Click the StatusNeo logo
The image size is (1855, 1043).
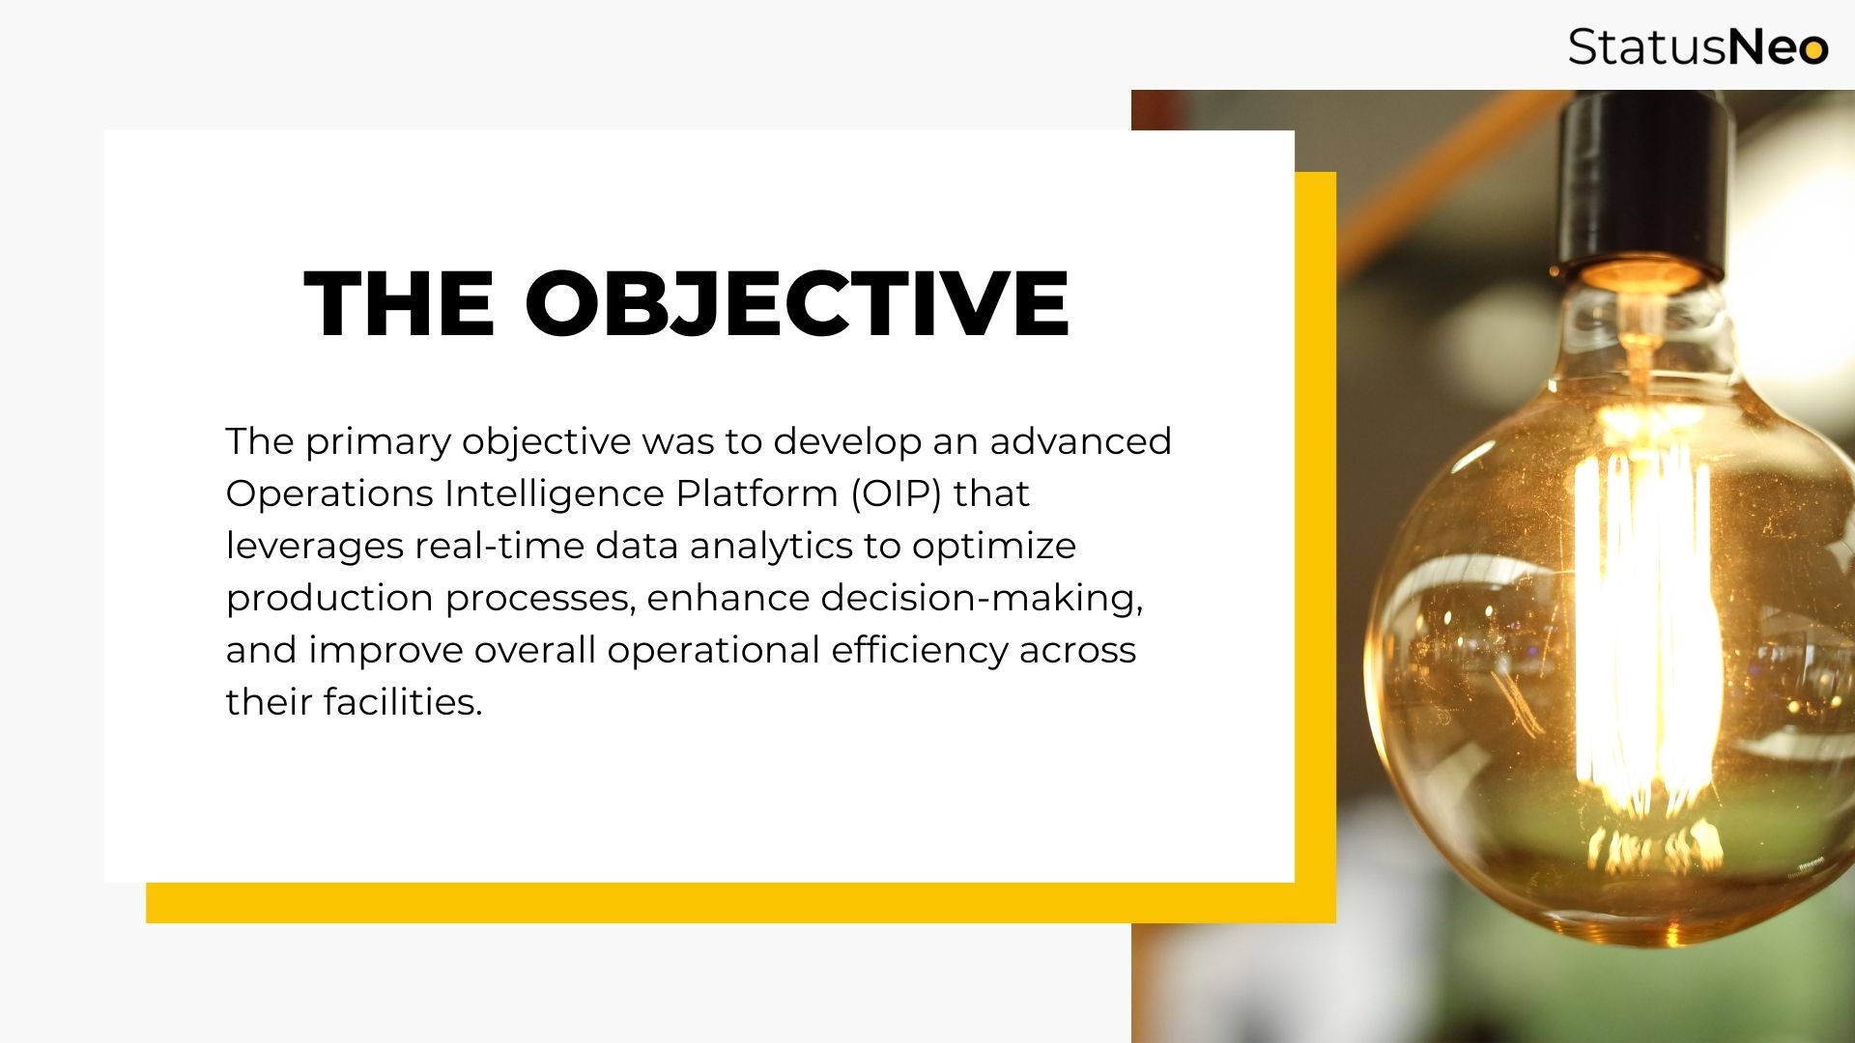(x=1698, y=46)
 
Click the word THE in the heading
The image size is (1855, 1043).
(x=399, y=303)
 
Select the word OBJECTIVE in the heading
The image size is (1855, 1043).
(x=797, y=303)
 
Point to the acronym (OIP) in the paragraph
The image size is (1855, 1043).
(x=896, y=493)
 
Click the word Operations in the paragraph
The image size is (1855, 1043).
(x=329, y=494)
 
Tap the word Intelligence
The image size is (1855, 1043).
(x=554, y=494)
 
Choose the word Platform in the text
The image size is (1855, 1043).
(x=756, y=493)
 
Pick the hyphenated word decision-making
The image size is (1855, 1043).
(x=982, y=599)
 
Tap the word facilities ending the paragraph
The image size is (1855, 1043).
(x=402, y=702)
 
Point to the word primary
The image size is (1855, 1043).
(x=379, y=442)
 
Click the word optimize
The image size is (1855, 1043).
(x=994, y=547)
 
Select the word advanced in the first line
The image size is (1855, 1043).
(x=1080, y=441)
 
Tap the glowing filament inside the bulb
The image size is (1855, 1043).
(x=1641, y=628)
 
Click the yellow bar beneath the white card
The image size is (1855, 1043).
(x=741, y=902)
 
